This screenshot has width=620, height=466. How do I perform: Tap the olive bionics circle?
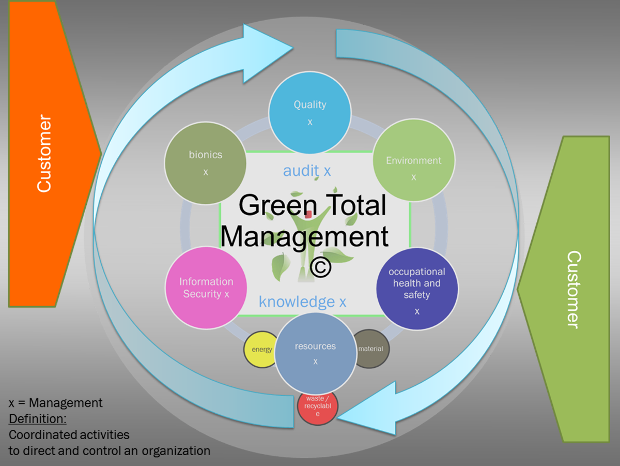pos(205,163)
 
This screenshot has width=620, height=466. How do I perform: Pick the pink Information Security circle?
pos(206,288)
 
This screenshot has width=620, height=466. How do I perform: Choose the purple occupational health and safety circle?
pos(417,289)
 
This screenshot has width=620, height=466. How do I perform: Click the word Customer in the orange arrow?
pos(44,154)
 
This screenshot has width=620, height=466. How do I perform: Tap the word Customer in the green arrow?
pos(574,289)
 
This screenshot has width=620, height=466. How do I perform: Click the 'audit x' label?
pos(307,171)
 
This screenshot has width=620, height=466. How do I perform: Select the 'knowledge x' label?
pos(302,302)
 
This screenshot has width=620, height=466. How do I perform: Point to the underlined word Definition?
pos(37,418)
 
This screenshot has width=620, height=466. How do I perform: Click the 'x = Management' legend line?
pos(56,402)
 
